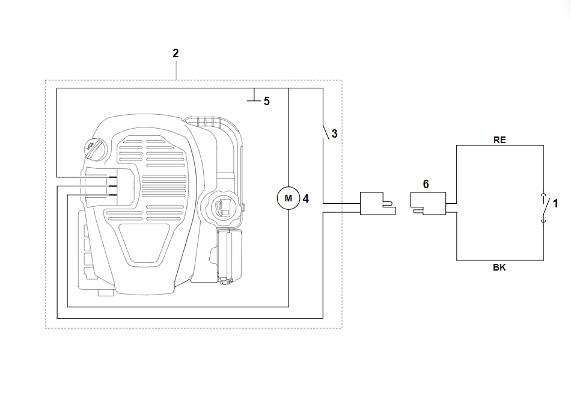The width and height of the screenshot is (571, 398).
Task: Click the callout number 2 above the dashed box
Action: (x=176, y=54)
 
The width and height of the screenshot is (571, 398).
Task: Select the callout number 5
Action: (x=266, y=101)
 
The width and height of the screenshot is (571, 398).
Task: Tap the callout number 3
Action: (x=335, y=134)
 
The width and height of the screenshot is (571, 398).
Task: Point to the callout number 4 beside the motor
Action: (x=305, y=198)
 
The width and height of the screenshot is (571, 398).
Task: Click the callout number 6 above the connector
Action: (x=426, y=184)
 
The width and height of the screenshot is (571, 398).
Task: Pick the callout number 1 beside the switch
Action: (x=555, y=204)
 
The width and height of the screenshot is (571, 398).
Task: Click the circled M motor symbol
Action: (x=288, y=198)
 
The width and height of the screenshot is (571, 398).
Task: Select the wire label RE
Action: (x=499, y=139)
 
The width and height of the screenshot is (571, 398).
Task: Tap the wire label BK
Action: (x=499, y=268)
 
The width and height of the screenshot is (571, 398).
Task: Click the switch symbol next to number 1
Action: (x=543, y=208)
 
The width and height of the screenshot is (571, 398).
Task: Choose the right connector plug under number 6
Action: (x=428, y=202)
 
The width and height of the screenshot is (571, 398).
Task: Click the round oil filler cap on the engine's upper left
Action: (x=93, y=148)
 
